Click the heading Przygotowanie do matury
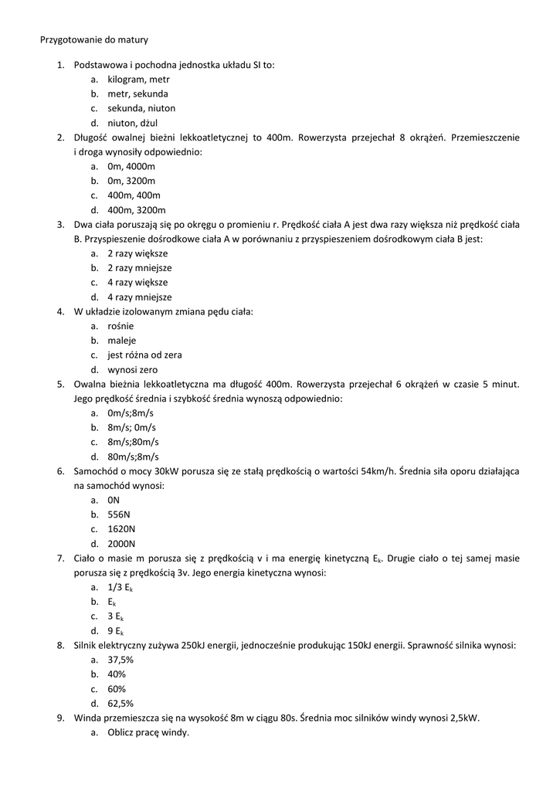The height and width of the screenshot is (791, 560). [x=93, y=39]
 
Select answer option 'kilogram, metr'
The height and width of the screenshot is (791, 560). [x=138, y=80]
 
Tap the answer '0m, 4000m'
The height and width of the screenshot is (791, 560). [x=131, y=167]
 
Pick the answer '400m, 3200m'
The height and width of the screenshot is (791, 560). [x=137, y=210]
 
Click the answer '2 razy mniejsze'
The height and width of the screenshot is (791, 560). [x=139, y=268]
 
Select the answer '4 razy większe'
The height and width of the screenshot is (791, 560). [x=137, y=283]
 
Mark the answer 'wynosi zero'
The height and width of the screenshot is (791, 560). [x=132, y=370]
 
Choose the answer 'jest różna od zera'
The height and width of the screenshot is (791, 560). [x=144, y=355]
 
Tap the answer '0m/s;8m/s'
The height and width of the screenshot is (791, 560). [x=131, y=413]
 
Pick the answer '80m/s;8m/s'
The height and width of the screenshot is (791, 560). [x=133, y=457]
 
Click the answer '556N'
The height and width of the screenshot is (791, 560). [x=119, y=514]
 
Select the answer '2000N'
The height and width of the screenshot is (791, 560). [x=121, y=544]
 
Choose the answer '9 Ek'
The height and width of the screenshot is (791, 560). [x=116, y=631]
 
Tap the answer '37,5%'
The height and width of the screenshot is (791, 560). [x=120, y=660]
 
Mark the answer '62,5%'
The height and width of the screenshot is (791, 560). [x=120, y=703]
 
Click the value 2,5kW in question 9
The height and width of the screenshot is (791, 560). [x=461, y=718]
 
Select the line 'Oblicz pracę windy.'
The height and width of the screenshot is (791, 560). [x=148, y=732]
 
